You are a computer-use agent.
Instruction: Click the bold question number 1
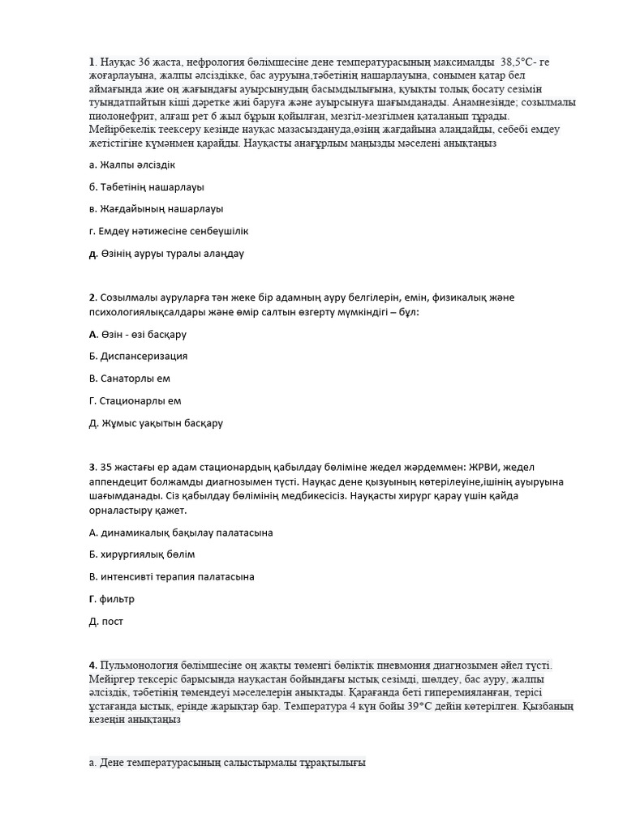coord(92,62)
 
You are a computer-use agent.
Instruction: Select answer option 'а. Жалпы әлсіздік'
coord(132,165)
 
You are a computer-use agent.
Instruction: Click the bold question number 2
coord(92,297)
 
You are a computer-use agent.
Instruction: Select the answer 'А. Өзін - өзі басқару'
coord(137,334)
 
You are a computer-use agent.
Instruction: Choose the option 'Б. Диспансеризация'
coord(138,356)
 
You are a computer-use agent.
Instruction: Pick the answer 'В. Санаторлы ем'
coord(129,378)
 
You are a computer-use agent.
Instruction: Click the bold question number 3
coord(92,467)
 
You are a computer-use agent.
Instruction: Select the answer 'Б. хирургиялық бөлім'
coord(141,554)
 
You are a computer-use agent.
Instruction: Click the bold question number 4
coord(92,665)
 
